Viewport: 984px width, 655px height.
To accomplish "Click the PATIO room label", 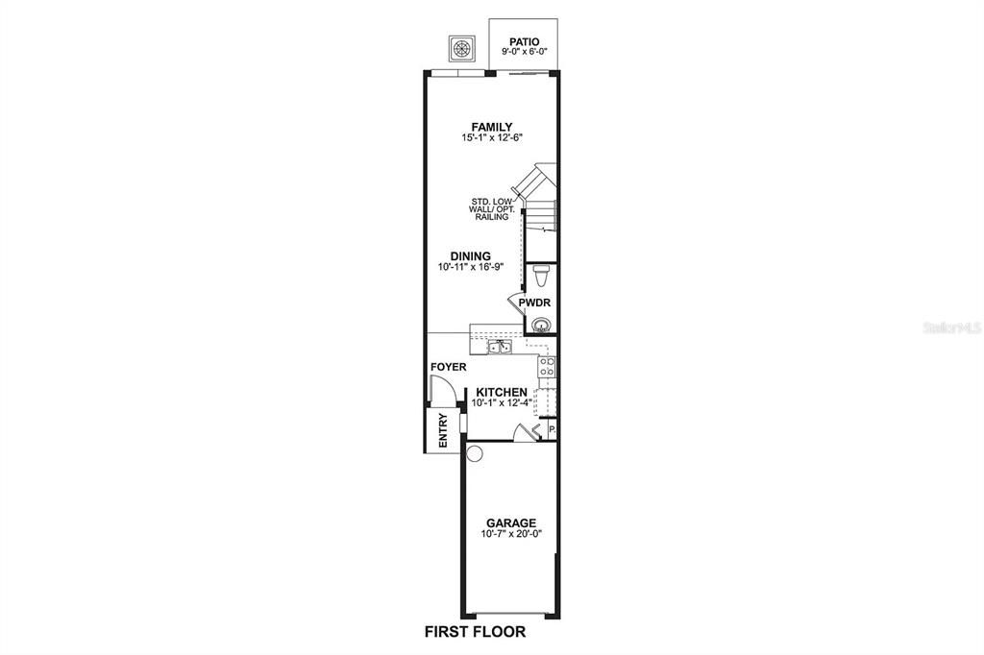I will [525, 42].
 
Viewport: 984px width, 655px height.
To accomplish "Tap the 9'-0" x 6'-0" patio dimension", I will [525, 53].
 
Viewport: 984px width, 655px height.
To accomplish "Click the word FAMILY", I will [491, 127].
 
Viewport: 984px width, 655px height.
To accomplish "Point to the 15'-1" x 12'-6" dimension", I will [491, 138].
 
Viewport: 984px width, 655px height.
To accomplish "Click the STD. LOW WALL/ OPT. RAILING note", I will [491, 209].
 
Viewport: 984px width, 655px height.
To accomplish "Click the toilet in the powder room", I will [541, 277].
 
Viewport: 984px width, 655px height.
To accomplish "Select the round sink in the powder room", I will [542, 325].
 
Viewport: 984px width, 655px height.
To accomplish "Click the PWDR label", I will [534, 303].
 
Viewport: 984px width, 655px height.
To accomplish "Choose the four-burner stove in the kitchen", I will [546, 366].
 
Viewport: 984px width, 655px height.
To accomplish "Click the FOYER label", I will [448, 367].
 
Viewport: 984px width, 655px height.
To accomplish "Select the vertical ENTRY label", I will [443, 430].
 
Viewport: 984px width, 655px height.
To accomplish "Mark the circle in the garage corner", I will [473, 453].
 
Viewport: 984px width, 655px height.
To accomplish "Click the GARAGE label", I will [510, 522].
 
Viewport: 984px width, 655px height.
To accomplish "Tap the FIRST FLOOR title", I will [475, 632].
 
